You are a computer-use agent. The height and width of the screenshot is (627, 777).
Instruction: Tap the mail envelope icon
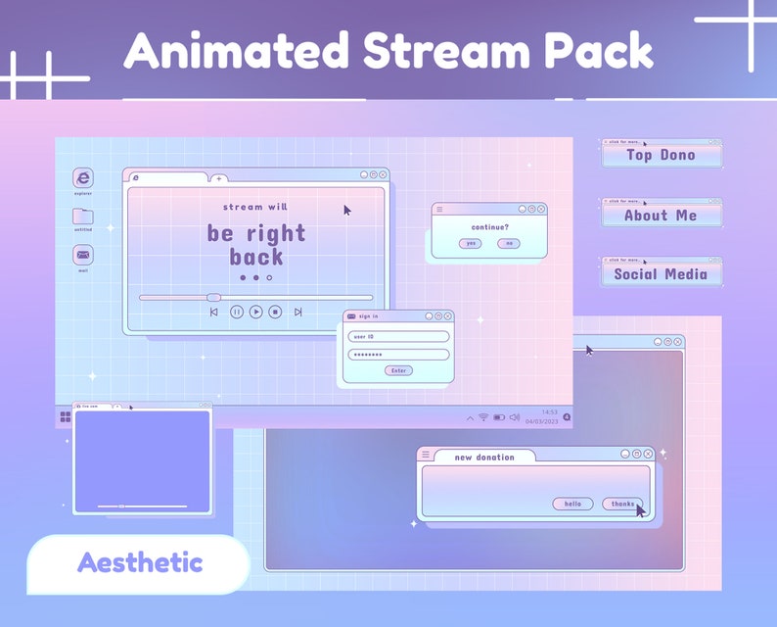point(83,255)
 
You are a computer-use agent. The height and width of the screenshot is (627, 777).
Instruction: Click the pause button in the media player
point(237,312)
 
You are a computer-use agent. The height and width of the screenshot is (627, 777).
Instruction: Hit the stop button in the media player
point(275,312)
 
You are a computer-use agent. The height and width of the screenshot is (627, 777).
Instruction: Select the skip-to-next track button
point(297,312)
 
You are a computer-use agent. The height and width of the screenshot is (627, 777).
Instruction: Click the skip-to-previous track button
point(214,312)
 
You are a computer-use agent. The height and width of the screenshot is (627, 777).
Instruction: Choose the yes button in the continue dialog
point(471,243)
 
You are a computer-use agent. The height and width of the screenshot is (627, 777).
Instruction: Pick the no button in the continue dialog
point(508,243)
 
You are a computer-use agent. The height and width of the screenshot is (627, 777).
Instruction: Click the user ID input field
point(398,336)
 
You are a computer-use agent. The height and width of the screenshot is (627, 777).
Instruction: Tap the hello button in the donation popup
point(572,504)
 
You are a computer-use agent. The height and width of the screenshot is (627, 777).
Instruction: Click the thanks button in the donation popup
point(622,504)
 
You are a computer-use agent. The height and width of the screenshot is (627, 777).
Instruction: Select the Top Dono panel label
point(662,155)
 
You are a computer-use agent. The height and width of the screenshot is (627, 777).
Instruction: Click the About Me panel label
point(662,216)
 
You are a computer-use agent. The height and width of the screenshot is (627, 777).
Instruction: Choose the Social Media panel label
point(662,274)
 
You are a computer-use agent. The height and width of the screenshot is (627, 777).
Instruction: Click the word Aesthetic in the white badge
point(140,563)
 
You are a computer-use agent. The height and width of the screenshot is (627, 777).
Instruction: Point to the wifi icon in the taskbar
point(482,417)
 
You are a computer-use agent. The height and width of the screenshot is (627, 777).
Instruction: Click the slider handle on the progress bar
point(213,297)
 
